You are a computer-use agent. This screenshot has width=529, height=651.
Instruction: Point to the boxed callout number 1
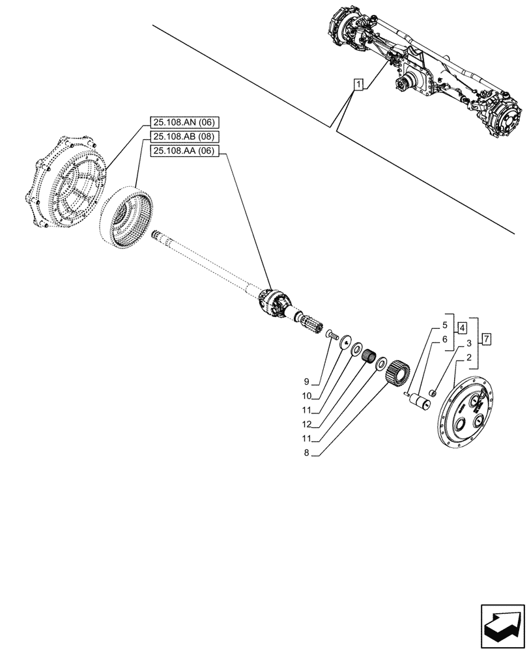pos(358,83)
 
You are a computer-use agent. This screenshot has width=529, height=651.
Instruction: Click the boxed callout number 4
pos(461,328)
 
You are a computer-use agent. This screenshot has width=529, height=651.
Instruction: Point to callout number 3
pos(468,343)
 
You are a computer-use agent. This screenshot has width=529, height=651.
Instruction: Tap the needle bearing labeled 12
pos(371,357)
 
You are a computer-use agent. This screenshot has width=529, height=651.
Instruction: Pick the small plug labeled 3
pos(433,393)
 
